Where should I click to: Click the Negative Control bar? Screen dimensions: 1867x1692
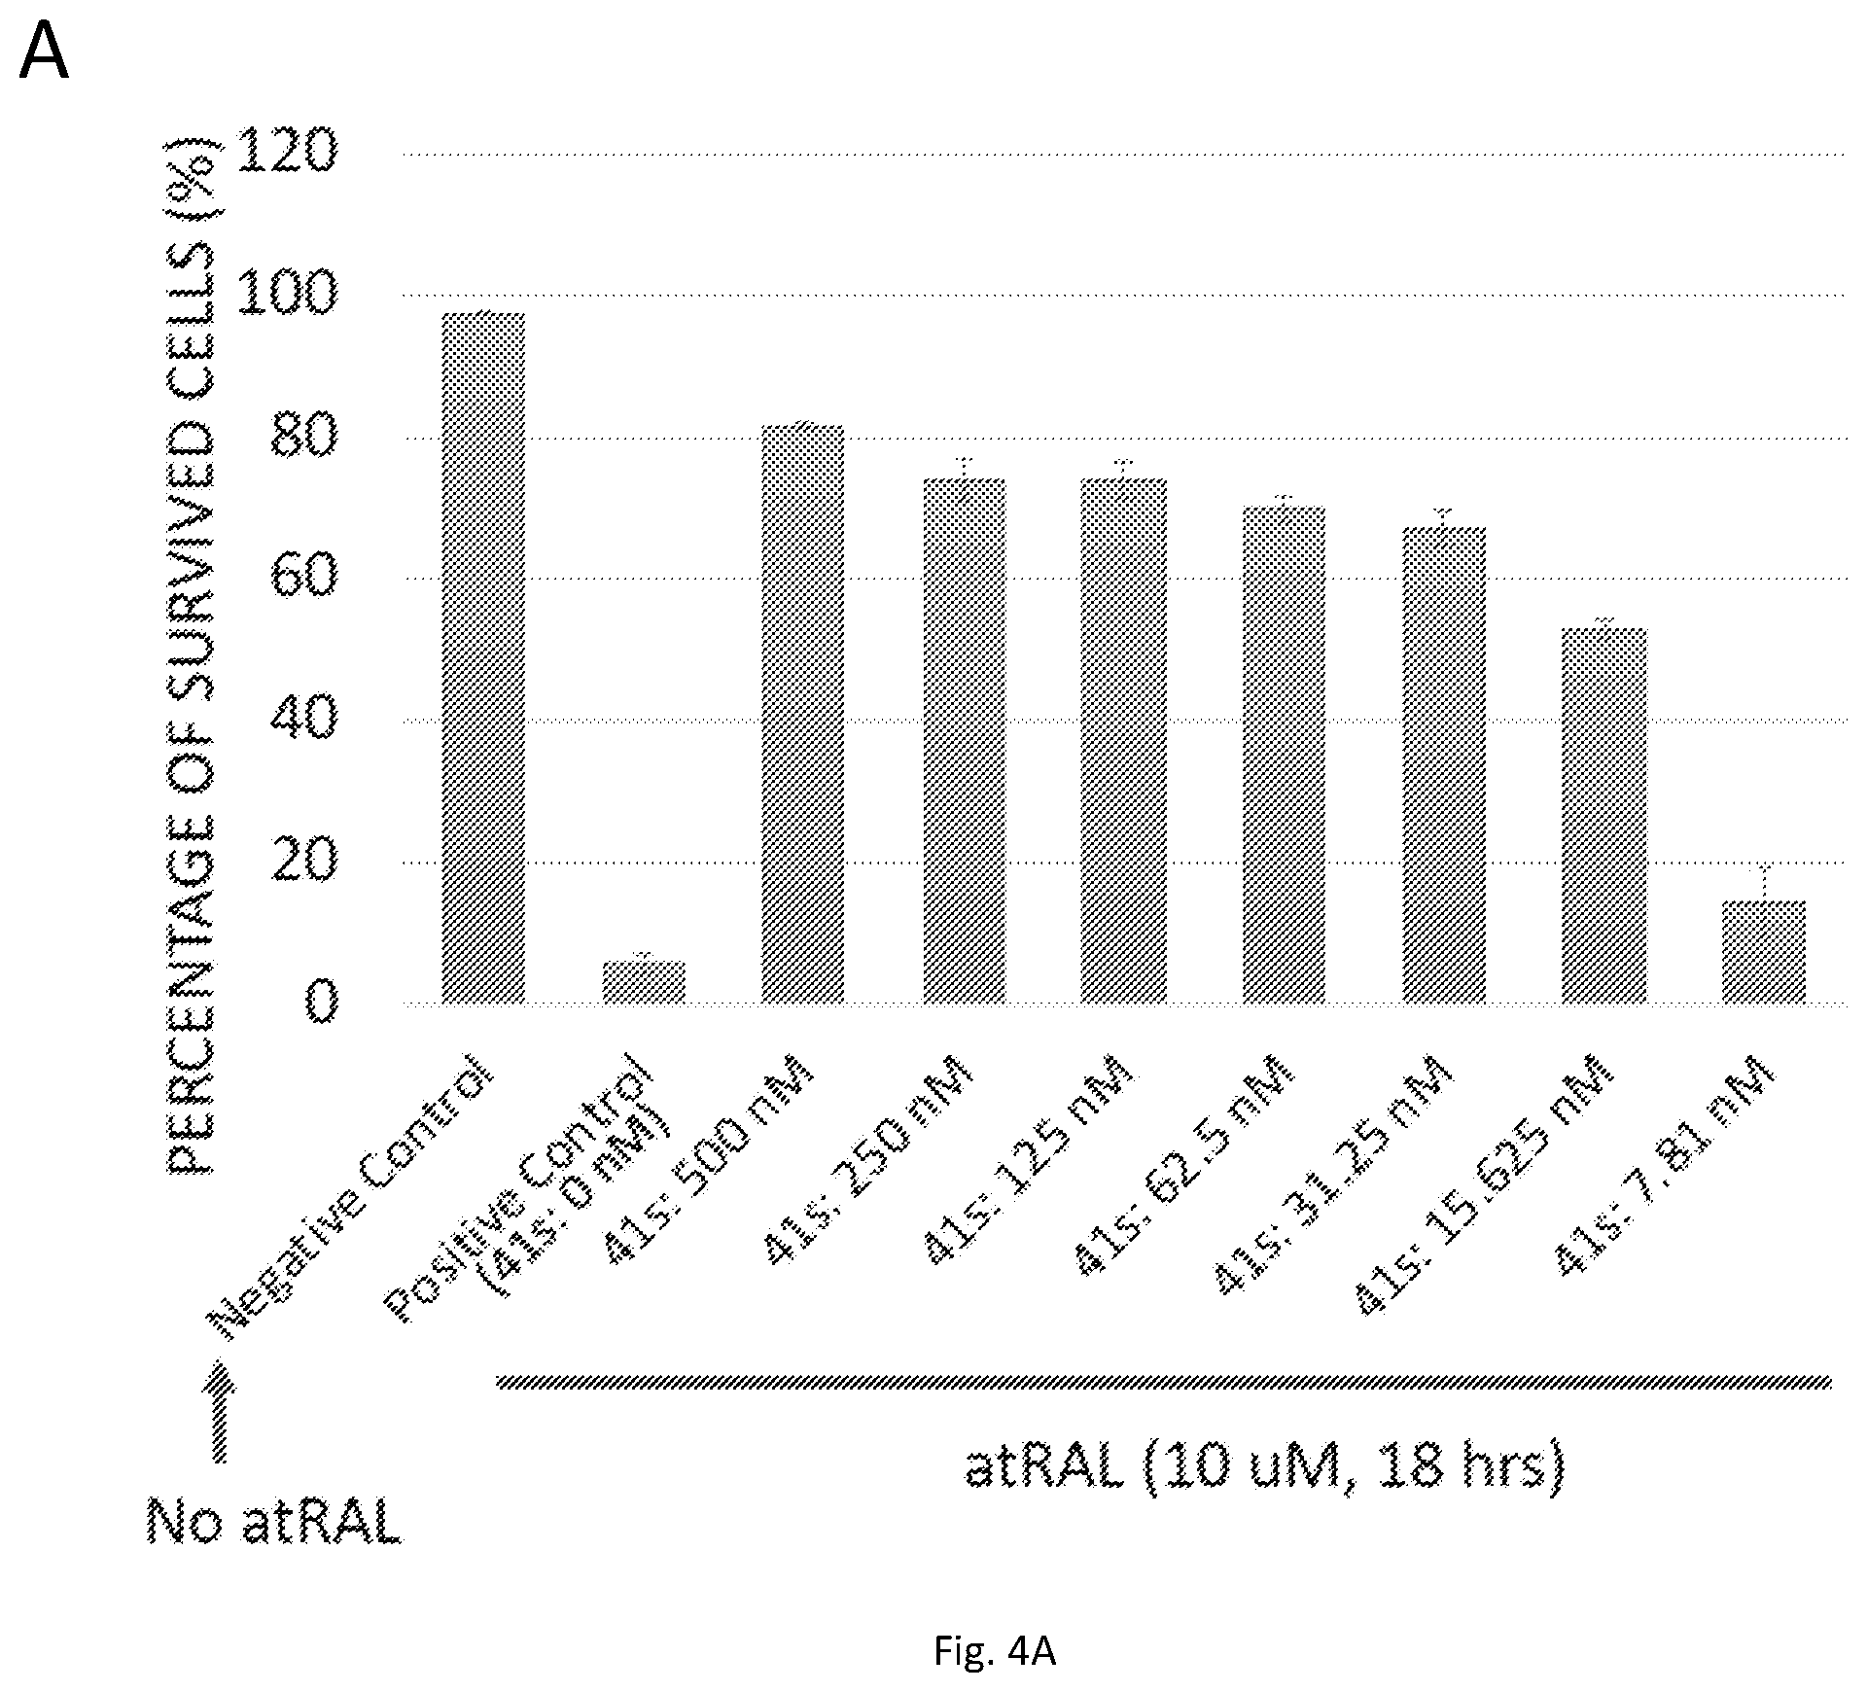pos(483,657)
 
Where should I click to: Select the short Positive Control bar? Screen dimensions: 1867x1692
pos(644,982)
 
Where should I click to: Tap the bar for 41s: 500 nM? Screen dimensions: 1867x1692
pos(802,714)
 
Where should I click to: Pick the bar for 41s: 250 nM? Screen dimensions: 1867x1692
pos(964,741)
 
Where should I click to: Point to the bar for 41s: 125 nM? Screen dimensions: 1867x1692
pos(1123,741)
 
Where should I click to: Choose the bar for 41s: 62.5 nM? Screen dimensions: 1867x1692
pos(1284,755)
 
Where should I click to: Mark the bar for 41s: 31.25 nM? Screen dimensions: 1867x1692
pos(1443,765)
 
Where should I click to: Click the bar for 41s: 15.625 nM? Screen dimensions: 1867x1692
pos(1603,816)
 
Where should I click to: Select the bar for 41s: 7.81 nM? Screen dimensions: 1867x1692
pos(1764,952)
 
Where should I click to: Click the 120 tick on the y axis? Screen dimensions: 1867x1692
pos(286,151)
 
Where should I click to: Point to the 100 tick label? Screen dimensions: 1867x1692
pos(286,293)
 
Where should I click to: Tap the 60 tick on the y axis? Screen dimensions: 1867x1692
pos(303,576)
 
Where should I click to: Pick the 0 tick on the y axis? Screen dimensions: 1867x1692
pos(321,1002)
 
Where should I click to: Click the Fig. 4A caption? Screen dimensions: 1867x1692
pos(995,1651)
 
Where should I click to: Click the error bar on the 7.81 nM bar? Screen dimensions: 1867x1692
pos(1764,883)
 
